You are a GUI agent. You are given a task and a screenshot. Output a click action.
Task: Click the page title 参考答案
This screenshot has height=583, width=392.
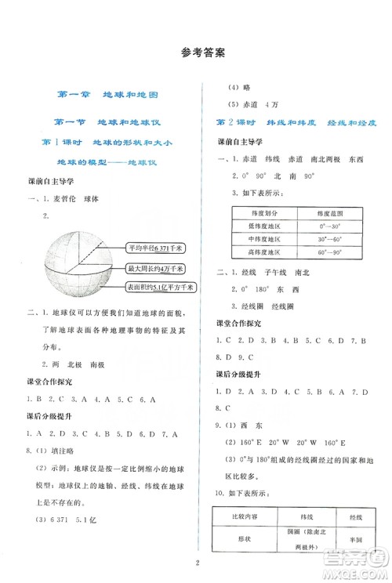[196, 54]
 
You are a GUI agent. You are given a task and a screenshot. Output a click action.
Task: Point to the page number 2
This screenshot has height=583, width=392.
[196, 561]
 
